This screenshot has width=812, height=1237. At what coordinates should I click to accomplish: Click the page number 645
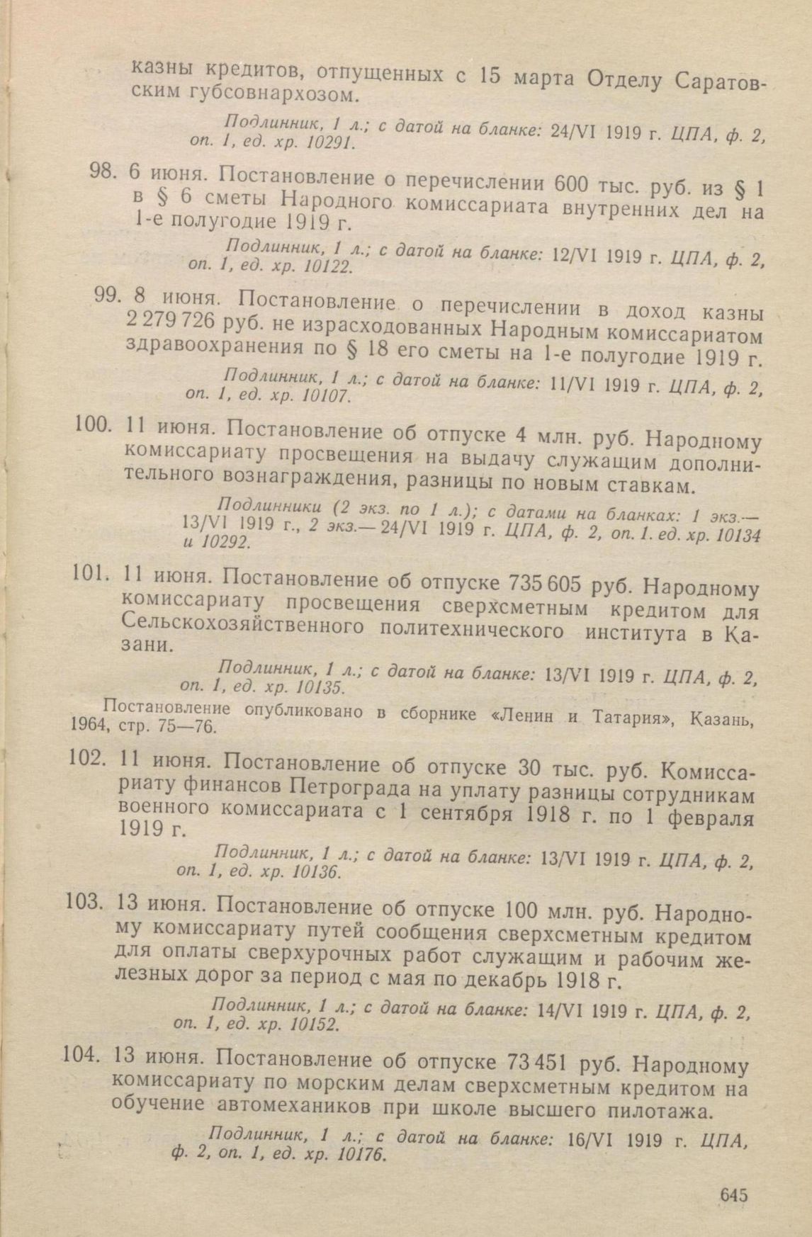(x=733, y=1194)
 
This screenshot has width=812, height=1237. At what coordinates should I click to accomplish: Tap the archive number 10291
(x=329, y=142)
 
